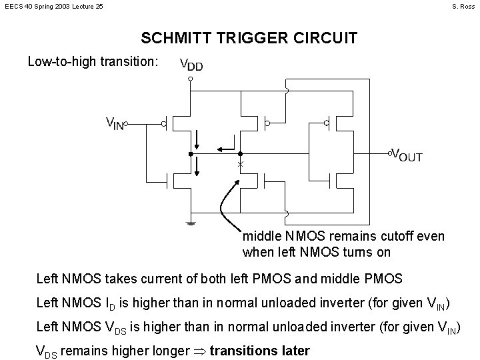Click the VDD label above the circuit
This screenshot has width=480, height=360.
coord(192,65)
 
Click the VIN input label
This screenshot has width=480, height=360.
coord(115,123)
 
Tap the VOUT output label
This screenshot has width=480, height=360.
coord(407,155)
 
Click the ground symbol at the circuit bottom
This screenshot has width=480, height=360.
coord(191,223)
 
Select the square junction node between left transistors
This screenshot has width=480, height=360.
coord(191,154)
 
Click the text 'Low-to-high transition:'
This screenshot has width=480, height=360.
coord(93,62)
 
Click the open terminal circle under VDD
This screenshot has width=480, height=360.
coord(191,79)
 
